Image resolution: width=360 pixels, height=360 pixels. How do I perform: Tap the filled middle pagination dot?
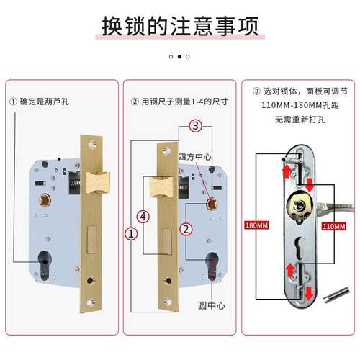point(179,55)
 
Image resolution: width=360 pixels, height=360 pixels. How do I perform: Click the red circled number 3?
point(195,125)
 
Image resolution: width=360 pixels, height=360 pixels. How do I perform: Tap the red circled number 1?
point(131,233)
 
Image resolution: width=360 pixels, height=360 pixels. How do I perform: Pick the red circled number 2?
point(186,230)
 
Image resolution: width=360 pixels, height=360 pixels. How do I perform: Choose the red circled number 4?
point(143,216)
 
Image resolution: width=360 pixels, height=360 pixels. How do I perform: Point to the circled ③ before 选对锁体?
point(256,91)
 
